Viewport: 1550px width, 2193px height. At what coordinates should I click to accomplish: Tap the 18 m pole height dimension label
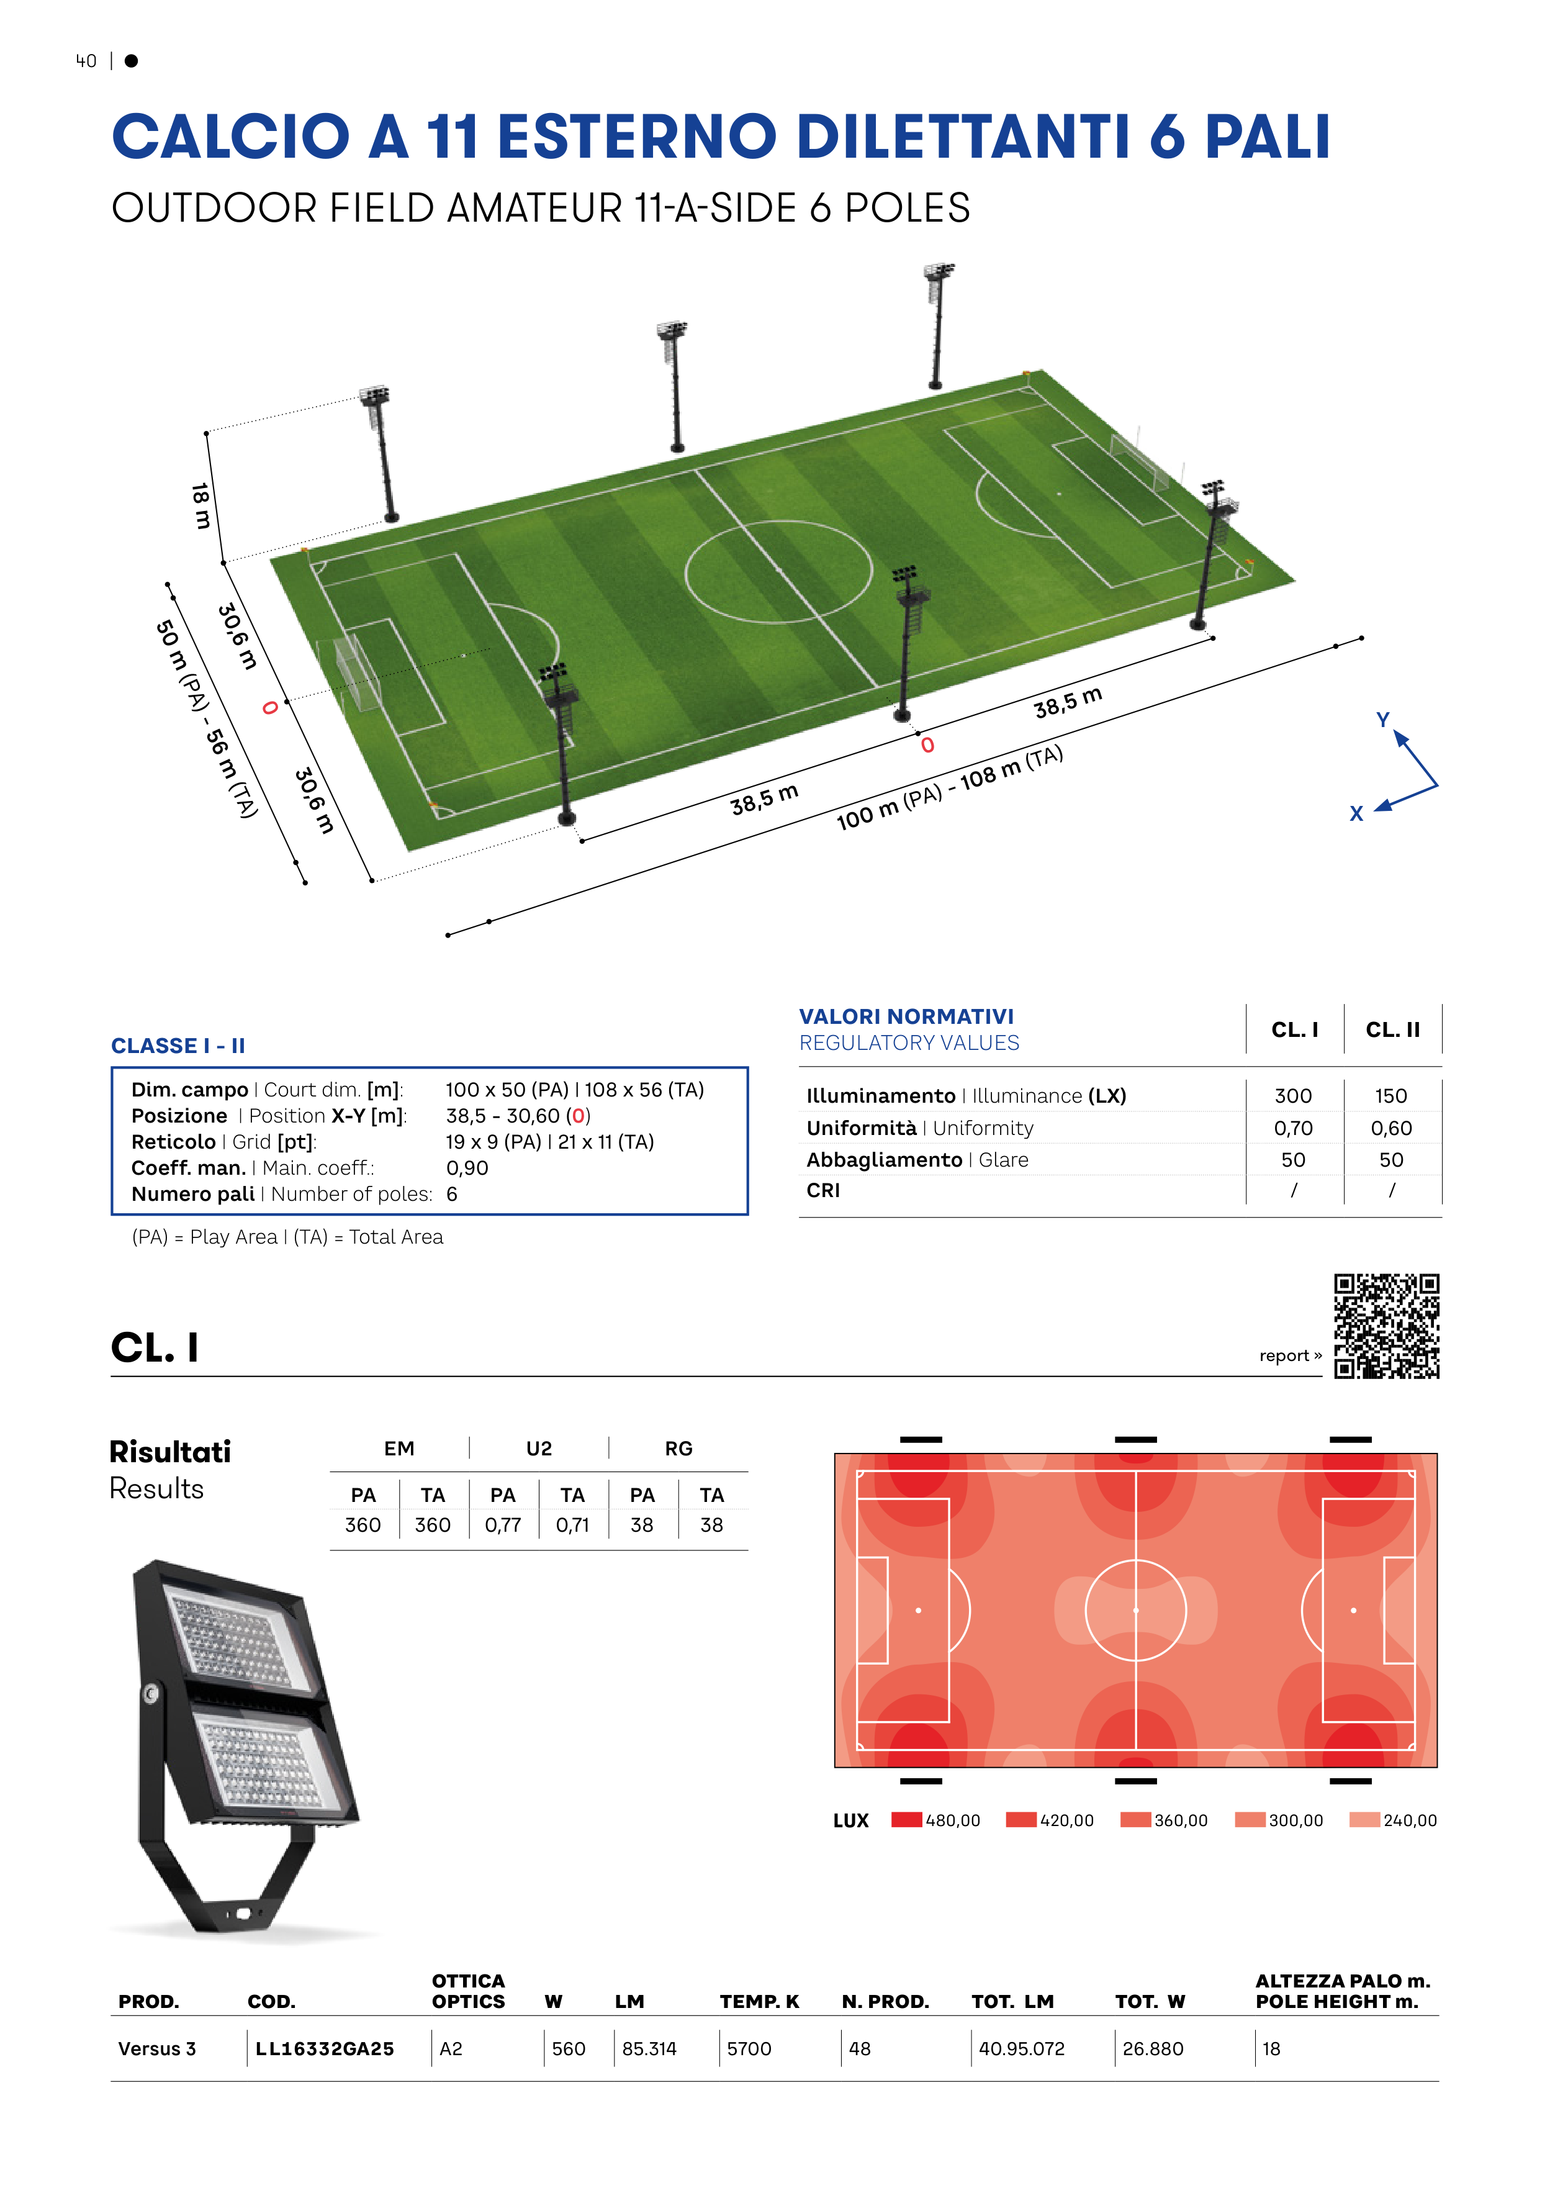click(x=201, y=506)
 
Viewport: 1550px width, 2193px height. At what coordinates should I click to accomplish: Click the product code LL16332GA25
click(x=325, y=2049)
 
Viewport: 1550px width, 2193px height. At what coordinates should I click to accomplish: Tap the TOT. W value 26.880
click(x=1153, y=2049)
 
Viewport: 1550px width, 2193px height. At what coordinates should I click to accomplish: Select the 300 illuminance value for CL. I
click(x=1293, y=1095)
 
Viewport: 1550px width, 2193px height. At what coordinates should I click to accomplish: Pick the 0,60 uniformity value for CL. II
click(x=1392, y=1128)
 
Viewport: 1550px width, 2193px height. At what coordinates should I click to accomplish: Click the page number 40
click(x=86, y=61)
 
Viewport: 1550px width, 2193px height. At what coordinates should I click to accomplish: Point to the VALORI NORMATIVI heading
click(x=906, y=1016)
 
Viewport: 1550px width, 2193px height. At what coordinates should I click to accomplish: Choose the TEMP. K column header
click(x=759, y=2002)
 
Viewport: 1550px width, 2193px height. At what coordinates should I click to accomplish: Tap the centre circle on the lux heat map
click(x=1135, y=1611)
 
